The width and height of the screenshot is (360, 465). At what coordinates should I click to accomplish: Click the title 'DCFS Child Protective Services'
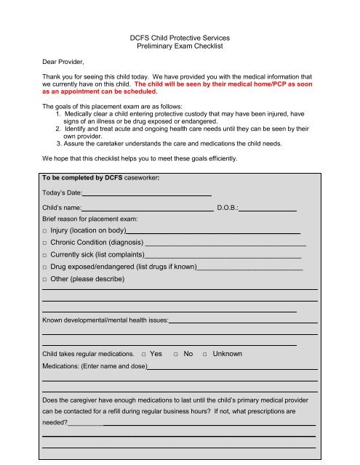point(180,36)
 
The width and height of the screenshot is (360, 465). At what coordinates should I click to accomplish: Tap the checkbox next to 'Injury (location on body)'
point(45,230)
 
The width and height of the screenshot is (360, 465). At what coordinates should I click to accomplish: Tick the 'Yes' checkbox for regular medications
point(143,354)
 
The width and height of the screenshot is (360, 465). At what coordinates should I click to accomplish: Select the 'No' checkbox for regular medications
point(177,354)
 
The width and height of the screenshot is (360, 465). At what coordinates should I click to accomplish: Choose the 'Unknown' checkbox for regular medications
point(206,354)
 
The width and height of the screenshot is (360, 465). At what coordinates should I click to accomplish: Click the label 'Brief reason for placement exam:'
point(89,218)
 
